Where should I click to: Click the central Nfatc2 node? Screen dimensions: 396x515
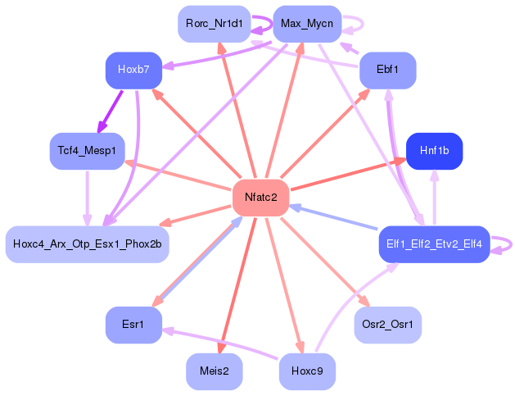[260, 197]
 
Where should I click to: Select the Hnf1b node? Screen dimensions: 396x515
[434, 151]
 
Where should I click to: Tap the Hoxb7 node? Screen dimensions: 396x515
[133, 70]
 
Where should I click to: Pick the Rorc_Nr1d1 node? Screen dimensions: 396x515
[213, 24]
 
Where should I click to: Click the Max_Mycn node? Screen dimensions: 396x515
[306, 24]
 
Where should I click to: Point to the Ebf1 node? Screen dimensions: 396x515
[387, 70]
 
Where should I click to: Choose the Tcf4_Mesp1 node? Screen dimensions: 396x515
[86, 151]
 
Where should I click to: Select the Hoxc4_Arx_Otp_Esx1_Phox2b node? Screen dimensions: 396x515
[87, 244]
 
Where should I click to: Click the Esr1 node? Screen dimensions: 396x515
[133, 325]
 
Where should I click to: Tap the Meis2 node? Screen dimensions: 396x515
[214, 371]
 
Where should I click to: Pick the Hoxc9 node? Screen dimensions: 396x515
[307, 371]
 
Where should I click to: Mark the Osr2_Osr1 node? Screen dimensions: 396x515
[387, 325]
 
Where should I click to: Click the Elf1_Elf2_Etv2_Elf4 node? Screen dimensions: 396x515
[434, 244]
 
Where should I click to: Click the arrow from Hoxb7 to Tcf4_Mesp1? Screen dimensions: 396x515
[111, 110]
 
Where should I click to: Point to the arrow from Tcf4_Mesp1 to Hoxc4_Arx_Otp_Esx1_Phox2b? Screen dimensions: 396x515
[86, 197]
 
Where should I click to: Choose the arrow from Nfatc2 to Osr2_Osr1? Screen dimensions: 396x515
[323, 261]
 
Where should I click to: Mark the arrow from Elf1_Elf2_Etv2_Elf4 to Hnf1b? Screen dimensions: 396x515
[434, 197]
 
